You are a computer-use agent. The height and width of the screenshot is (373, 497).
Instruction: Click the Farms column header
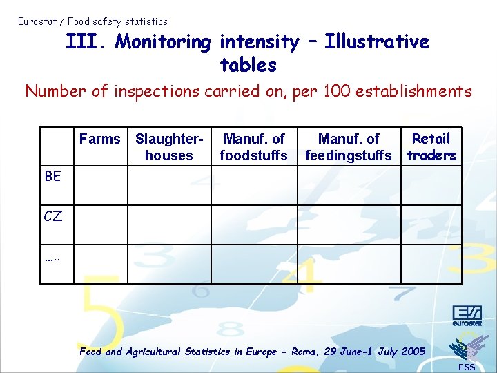(99, 139)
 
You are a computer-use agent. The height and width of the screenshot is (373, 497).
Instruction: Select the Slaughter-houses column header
(169, 147)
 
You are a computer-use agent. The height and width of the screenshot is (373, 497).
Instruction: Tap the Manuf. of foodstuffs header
(253, 147)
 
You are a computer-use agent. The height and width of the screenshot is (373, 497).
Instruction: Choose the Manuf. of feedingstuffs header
(348, 147)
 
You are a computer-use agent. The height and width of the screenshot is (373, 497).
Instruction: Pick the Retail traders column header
(431, 146)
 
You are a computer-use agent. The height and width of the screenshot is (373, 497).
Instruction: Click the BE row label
(52, 176)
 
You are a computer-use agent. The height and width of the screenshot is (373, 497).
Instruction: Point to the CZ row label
(53, 216)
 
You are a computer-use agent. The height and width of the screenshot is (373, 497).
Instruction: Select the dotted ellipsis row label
(52, 258)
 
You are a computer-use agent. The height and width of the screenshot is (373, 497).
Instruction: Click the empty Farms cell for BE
(101, 186)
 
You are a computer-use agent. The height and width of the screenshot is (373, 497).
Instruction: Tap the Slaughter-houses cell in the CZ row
(169, 225)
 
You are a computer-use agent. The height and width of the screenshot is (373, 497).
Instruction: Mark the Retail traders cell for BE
(432, 186)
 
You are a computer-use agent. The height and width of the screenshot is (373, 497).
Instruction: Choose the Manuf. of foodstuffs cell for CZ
(253, 225)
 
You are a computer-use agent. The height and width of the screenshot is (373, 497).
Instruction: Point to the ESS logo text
(467, 367)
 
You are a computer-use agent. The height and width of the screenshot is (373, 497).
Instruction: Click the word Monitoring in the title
(164, 43)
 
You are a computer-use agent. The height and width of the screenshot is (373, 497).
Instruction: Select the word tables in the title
(248, 66)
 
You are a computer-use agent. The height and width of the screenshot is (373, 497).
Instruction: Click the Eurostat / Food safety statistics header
(92, 21)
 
